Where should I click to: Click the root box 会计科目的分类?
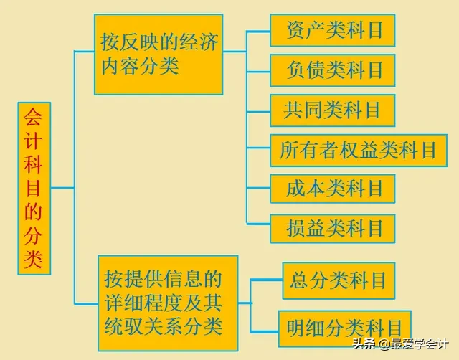(34, 189)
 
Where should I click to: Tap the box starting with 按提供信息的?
(168, 303)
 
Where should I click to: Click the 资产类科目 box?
(332, 31)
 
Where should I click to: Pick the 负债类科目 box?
(332, 70)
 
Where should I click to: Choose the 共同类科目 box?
(332, 110)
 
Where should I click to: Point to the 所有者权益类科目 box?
(358, 150)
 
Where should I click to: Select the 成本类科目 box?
(332, 189)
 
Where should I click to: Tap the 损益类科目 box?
(332, 229)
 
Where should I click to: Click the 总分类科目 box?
(339, 280)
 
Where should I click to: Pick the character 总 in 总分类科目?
(299, 280)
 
